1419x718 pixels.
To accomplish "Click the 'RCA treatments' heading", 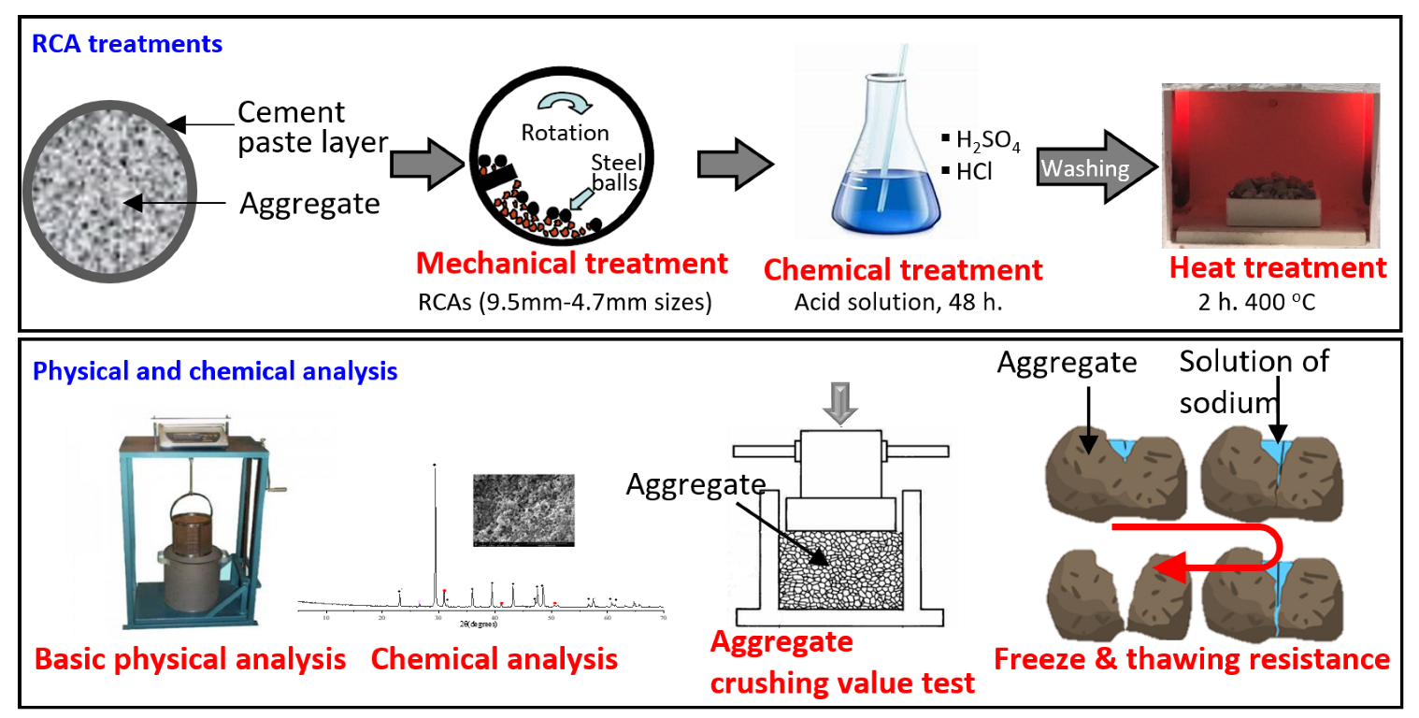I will tap(127, 43).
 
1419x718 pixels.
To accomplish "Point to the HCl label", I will tap(972, 173).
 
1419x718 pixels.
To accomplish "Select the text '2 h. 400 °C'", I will tap(1277, 302).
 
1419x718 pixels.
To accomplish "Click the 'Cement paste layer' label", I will tap(298, 127).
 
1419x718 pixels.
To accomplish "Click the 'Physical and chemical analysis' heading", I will tap(215, 371).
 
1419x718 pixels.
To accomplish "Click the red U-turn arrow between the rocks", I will tap(1215, 552).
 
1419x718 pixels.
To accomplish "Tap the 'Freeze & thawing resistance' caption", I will tap(1192, 659).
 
